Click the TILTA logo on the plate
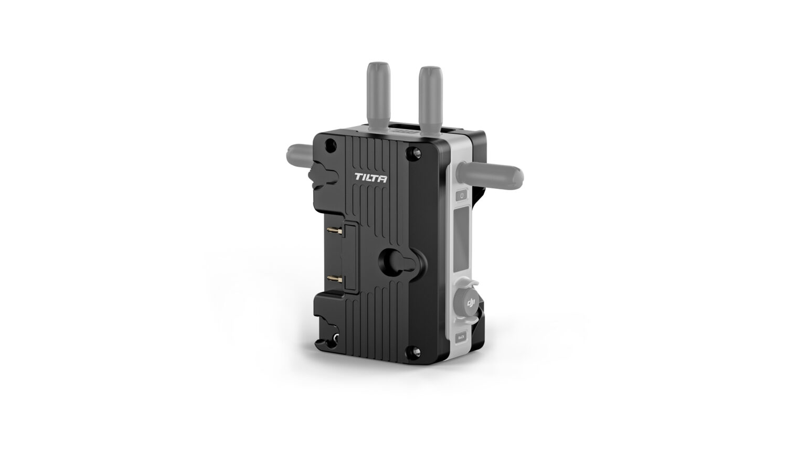point(371,178)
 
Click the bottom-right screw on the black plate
point(416,350)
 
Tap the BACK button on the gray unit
point(461,337)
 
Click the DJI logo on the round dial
point(470,303)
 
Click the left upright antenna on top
point(378,100)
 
